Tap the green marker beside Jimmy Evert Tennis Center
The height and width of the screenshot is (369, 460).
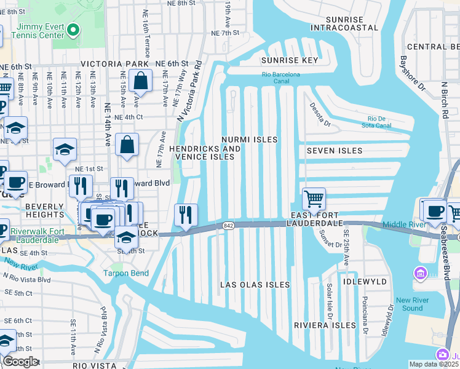[73, 30]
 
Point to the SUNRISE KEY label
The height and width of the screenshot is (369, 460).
[289, 61]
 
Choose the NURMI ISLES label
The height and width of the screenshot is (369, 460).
[250, 140]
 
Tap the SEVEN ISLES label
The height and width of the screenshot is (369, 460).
[334, 151]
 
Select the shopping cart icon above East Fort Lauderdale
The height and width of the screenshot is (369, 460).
[314, 199]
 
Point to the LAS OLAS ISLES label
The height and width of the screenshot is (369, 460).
[255, 285]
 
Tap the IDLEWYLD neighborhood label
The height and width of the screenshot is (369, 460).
[365, 282]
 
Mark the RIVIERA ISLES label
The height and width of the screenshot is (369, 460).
[325, 325]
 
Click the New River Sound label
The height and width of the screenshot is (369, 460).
[410, 304]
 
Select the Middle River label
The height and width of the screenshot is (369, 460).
[403, 225]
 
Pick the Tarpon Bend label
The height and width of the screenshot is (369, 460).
[125, 273]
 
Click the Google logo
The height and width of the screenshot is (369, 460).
[20, 362]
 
